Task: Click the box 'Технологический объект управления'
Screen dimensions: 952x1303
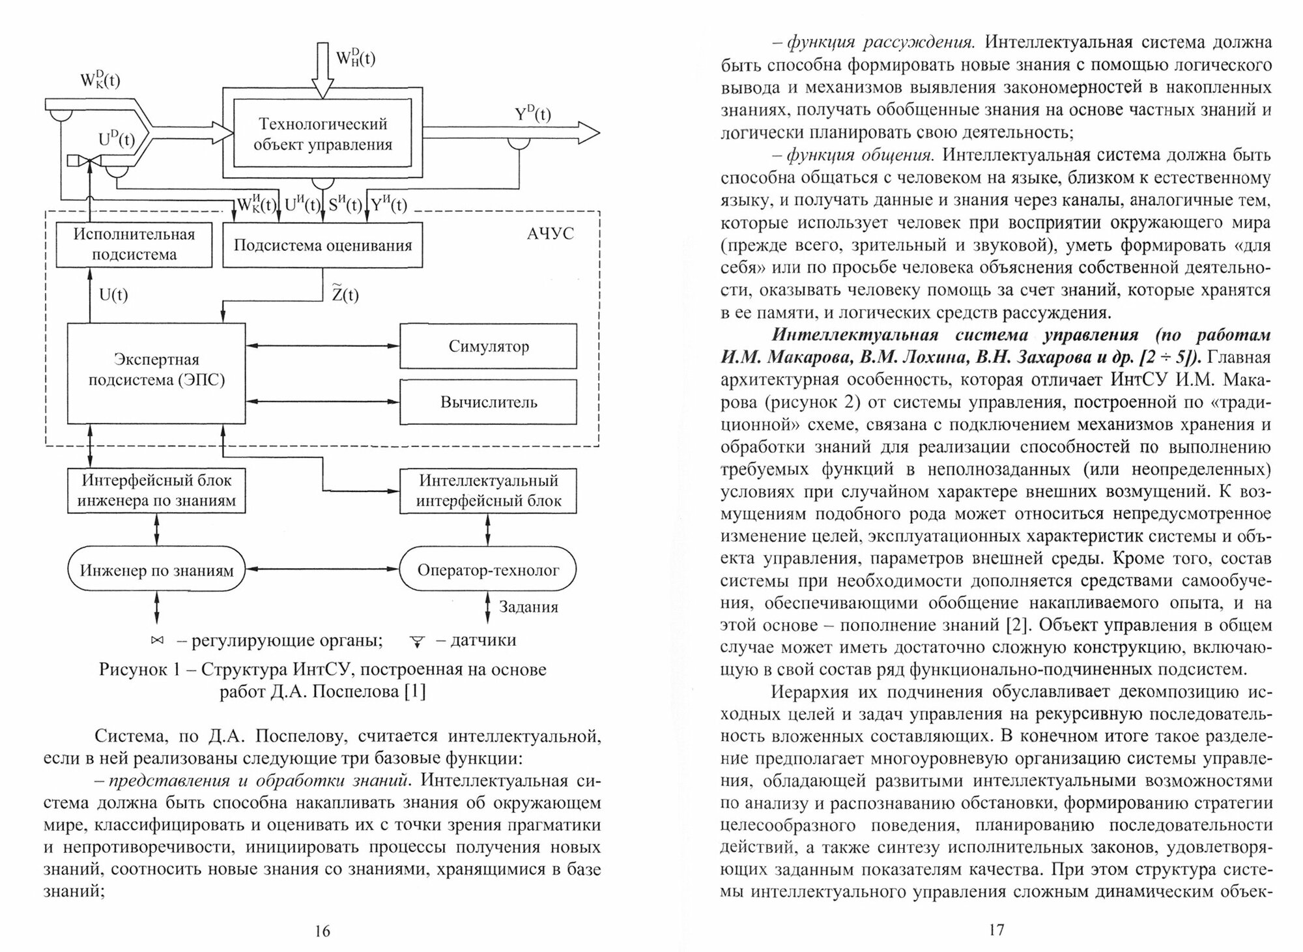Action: pos(322,134)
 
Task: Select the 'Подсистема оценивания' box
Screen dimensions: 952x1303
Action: pos(322,246)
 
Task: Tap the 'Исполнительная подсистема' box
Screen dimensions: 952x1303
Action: pos(134,244)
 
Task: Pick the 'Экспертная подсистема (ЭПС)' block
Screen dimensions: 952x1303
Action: pos(156,370)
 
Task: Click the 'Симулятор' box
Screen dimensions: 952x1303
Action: pos(488,346)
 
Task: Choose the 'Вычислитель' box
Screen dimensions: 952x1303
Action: pos(488,402)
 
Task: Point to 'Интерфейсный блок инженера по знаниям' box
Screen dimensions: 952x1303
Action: pos(156,491)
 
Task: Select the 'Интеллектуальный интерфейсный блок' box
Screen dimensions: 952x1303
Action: pos(488,491)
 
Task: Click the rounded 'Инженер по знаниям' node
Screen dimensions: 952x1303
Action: pos(156,570)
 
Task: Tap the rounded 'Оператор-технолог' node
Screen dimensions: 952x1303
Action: pos(488,570)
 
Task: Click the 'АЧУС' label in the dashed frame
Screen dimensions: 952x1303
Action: pos(550,234)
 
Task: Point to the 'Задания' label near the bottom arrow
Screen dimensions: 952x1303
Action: pos(528,607)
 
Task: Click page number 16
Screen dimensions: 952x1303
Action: pos(322,930)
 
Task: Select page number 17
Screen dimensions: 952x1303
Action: pos(997,930)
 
